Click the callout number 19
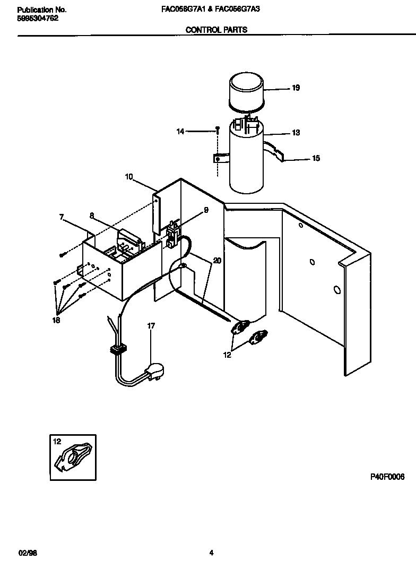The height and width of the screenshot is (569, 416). click(296, 88)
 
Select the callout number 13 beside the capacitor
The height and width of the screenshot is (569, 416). click(296, 133)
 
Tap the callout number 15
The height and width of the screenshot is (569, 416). click(316, 158)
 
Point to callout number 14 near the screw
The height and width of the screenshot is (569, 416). click(180, 131)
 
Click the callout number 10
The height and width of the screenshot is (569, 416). click(129, 177)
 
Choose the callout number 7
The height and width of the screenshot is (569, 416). click(61, 217)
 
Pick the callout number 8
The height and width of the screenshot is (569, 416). click(91, 215)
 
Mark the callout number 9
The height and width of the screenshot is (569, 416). click(206, 210)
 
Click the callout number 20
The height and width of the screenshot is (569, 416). click(216, 261)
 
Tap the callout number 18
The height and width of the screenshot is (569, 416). click(56, 321)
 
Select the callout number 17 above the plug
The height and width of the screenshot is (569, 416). click(151, 326)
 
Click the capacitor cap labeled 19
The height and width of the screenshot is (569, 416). click(246, 93)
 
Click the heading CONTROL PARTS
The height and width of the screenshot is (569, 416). click(216, 30)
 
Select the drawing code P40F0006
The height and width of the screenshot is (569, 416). click(387, 477)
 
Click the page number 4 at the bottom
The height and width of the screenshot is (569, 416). click(211, 553)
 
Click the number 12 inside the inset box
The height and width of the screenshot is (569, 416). click(57, 441)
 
